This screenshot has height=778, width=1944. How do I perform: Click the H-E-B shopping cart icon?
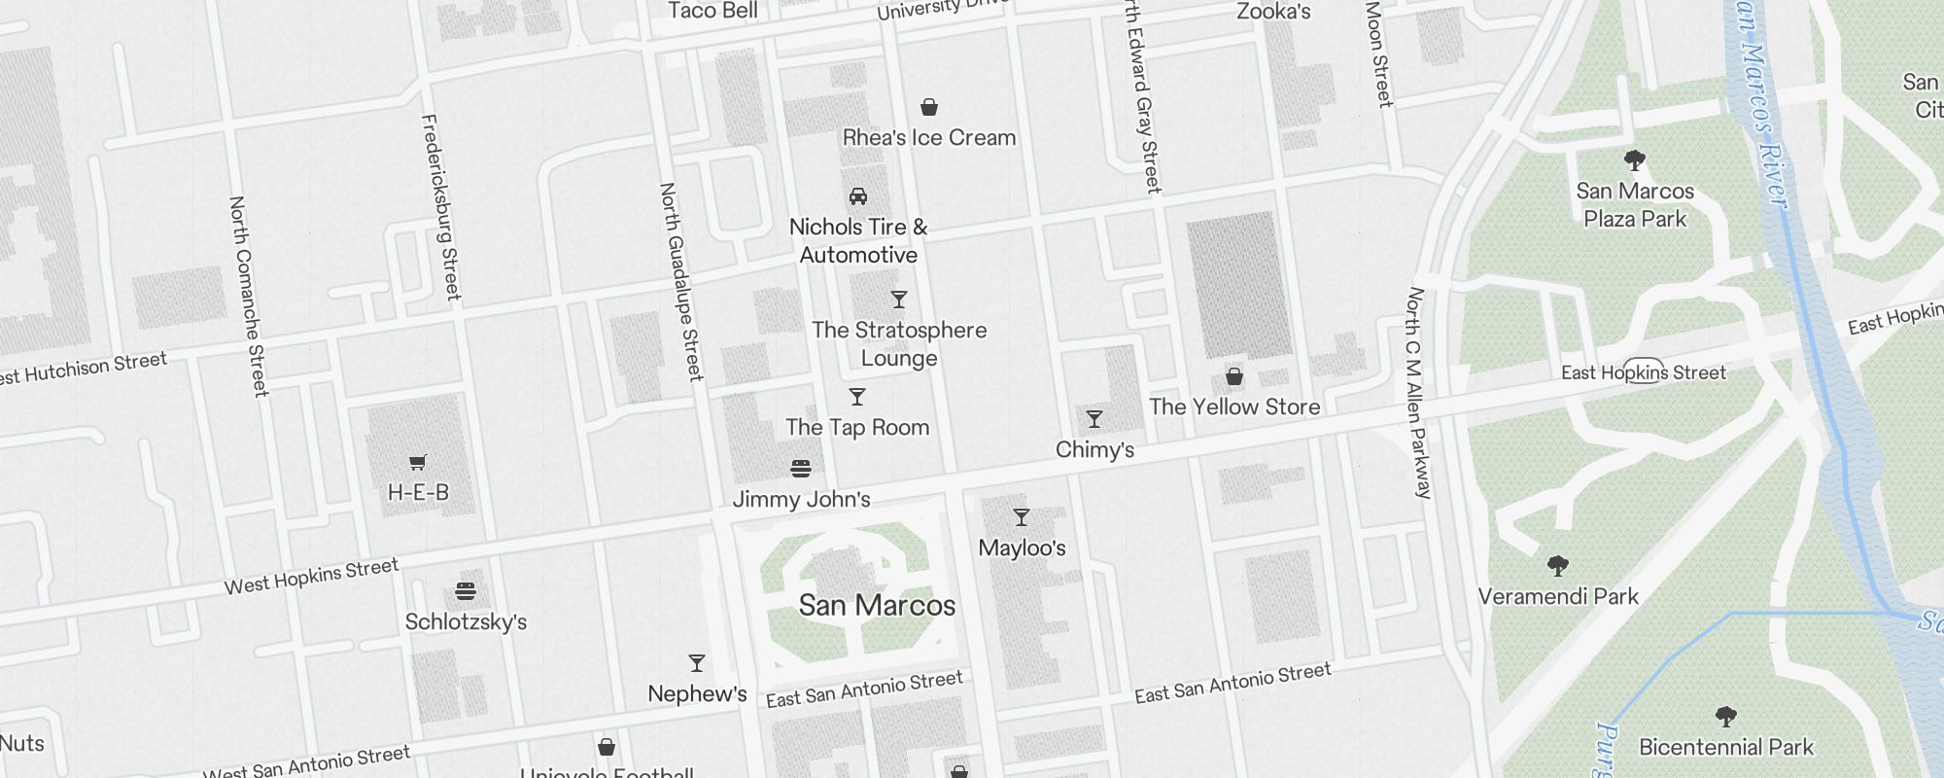click(418, 462)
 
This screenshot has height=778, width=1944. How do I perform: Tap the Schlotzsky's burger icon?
click(466, 590)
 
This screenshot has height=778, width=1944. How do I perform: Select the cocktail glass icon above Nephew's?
click(697, 663)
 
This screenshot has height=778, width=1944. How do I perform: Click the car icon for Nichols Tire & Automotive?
click(858, 196)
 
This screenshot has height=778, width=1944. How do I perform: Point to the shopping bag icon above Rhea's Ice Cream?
click(929, 107)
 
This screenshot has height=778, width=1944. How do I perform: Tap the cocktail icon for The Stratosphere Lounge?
click(899, 300)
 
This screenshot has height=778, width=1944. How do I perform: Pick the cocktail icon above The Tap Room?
click(857, 397)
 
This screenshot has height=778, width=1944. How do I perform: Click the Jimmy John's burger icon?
click(801, 469)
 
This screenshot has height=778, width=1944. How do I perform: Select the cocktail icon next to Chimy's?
click(1094, 419)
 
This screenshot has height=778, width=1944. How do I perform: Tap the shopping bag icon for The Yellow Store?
click(1234, 376)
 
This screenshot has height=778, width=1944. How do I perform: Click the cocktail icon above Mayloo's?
click(1022, 517)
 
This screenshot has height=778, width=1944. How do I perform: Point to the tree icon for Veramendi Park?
click(1558, 566)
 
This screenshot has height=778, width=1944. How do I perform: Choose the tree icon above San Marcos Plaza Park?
click(1635, 160)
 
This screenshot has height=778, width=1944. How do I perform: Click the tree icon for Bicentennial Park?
click(1726, 718)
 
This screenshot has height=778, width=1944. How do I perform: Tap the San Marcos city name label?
click(877, 606)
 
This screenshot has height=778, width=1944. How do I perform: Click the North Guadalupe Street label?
click(680, 282)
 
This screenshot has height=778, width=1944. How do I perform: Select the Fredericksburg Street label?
click(440, 207)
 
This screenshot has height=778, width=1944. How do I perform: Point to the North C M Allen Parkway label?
click(1419, 393)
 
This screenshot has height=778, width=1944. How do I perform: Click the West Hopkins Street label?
click(311, 577)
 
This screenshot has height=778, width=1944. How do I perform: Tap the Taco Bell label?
click(712, 11)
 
